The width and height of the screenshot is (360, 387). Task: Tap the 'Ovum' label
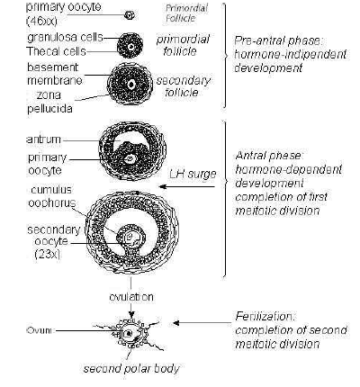[x=39, y=332]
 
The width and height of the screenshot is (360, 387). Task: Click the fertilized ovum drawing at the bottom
[x=132, y=334]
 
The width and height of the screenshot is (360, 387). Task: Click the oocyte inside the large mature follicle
[x=134, y=239]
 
